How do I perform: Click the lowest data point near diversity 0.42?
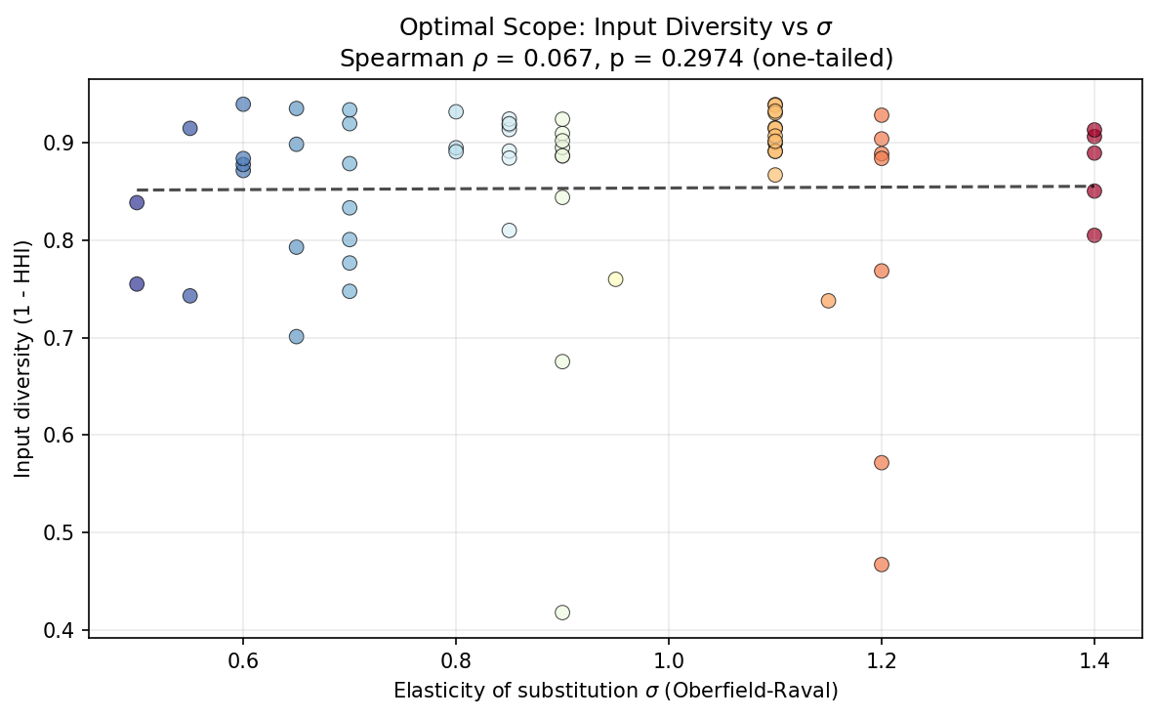coord(562,612)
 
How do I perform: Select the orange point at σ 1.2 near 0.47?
coord(882,565)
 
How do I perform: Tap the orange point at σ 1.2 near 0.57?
coord(882,462)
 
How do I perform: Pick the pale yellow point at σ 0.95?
coord(615,279)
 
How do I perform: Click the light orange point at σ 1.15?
coord(828,301)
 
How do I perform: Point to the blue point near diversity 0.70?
coord(296,336)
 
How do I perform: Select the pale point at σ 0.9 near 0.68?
coord(562,361)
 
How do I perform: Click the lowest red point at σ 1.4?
coord(1094,235)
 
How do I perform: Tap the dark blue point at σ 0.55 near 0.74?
coord(190,296)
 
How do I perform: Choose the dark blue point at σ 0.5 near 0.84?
coord(137,202)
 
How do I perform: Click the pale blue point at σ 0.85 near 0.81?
coord(509,231)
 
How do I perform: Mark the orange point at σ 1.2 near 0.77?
coord(882,271)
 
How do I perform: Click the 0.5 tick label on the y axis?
coord(68,533)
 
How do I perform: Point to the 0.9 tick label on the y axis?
coord(68,144)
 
